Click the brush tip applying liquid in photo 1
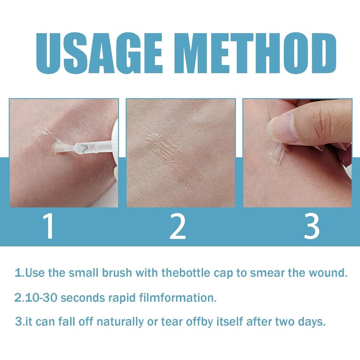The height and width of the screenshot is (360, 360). [61, 146]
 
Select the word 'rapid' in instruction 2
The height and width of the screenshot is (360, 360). [119, 298]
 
